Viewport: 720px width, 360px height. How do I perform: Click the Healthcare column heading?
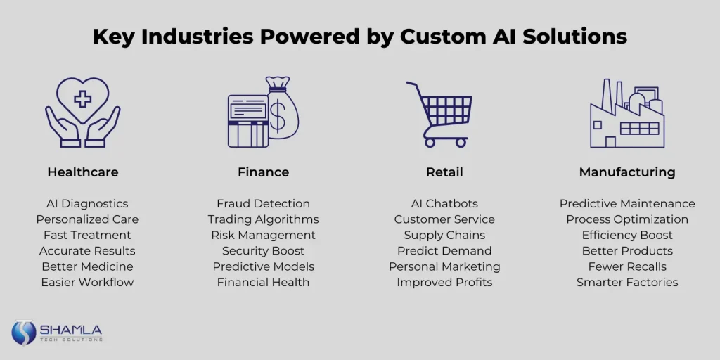83,172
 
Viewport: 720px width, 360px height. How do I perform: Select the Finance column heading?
263,172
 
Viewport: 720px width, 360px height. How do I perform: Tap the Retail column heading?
444,172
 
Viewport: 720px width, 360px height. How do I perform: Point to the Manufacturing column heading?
627,172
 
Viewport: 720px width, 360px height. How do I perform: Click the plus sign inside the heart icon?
83,98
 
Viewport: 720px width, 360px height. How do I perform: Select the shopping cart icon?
439,115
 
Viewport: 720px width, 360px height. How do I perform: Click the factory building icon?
627,113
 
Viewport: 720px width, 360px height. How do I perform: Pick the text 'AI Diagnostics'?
87,203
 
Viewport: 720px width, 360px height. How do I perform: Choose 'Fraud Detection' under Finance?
263,203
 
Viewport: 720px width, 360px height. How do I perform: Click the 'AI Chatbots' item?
444,203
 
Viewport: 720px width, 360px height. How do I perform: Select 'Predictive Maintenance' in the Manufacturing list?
627,203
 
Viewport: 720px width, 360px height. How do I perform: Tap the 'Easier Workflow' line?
87,282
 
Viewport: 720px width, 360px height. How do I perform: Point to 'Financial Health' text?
263,282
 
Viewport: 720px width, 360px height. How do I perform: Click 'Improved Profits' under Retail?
444,282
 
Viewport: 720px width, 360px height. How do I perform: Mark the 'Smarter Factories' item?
627,282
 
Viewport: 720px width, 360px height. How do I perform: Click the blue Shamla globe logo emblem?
24,333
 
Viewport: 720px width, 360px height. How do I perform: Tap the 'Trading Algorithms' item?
263,219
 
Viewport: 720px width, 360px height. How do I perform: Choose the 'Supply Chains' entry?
444,235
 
